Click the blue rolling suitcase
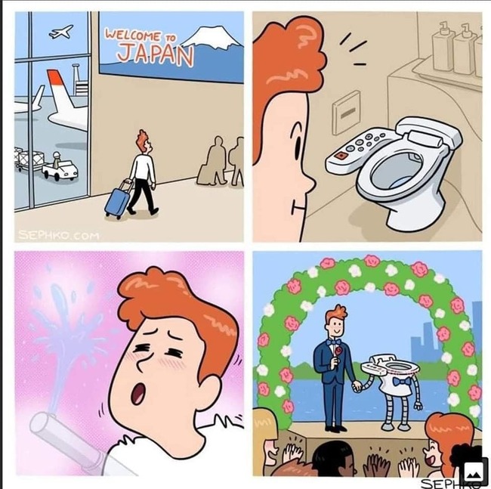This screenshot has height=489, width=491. click(117, 200)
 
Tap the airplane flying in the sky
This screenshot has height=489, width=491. click(61, 32)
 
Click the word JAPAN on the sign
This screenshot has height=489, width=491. click(155, 54)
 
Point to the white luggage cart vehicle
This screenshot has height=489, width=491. click(60, 169)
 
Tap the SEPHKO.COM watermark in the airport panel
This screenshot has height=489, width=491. click(59, 235)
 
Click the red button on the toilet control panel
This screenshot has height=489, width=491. click(340, 156)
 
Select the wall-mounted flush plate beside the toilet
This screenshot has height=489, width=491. click(347, 113)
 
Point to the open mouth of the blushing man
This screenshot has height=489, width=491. click(137, 394)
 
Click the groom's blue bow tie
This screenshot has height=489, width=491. click(333, 342)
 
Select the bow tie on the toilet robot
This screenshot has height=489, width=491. click(401, 382)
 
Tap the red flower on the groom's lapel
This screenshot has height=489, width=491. click(338, 351)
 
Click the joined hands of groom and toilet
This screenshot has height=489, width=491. click(357, 386)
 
